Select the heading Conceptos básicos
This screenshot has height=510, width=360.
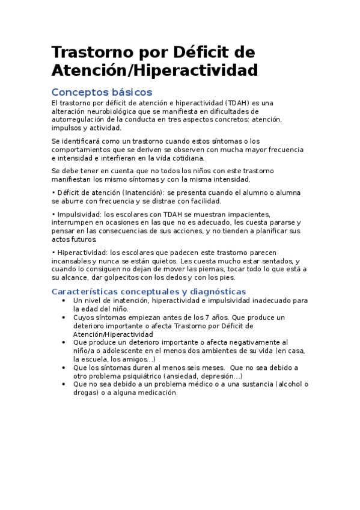pyautogui.click(x=102, y=92)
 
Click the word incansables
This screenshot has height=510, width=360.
pyautogui.click(x=72, y=261)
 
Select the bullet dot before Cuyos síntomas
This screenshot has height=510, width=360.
pyautogui.click(x=64, y=317)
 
